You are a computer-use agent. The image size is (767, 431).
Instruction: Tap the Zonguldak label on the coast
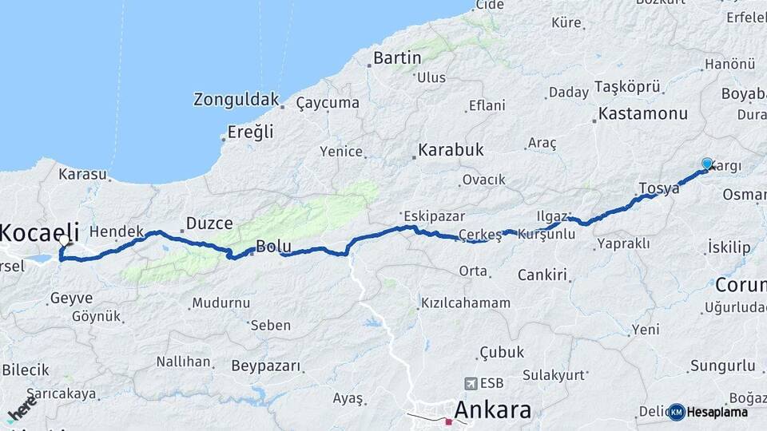[236, 100]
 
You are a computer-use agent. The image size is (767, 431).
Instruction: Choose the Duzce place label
[209, 223]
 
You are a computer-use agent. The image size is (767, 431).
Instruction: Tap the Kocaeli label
[39, 233]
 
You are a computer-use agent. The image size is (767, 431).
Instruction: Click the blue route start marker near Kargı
[707, 164]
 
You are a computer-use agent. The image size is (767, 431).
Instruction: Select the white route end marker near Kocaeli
[64, 240]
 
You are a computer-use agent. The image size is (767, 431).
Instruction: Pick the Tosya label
[659, 188]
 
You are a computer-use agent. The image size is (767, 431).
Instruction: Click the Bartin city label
[397, 57]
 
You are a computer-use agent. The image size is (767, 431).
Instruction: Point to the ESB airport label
[487, 383]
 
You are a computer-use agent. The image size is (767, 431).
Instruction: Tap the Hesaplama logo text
[717, 412]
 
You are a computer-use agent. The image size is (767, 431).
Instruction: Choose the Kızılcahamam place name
[466, 303]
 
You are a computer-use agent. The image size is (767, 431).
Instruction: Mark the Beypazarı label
[267, 366]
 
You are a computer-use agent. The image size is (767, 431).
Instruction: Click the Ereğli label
[251, 132]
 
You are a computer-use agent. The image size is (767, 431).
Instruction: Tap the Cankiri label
[542, 275]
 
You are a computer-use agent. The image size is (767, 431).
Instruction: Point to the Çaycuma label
[328, 103]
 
